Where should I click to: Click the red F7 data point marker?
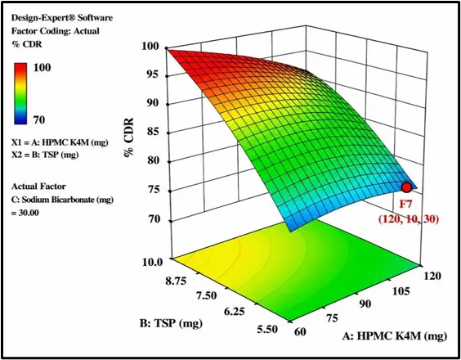[406, 187]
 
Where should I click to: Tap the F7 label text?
[407, 204]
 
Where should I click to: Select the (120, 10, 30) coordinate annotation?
[409, 219]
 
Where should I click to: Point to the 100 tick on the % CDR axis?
[152, 46]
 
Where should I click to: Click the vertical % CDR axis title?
[129, 137]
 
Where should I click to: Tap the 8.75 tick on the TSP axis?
[176, 281]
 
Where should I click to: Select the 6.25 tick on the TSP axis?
[234, 311]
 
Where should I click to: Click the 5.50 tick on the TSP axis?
[266, 329]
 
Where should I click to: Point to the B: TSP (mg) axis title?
[171, 323]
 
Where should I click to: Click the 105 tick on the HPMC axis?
[401, 291]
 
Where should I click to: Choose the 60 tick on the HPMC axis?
[300, 331]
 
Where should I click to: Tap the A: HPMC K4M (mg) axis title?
[395, 335]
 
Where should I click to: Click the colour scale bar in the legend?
[20, 93]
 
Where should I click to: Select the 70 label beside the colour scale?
[38, 120]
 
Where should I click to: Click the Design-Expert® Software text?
[62, 18]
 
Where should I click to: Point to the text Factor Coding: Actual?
[56, 31]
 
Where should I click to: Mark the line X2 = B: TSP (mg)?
[45, 155]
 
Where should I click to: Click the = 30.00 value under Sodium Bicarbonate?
[25, 213]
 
